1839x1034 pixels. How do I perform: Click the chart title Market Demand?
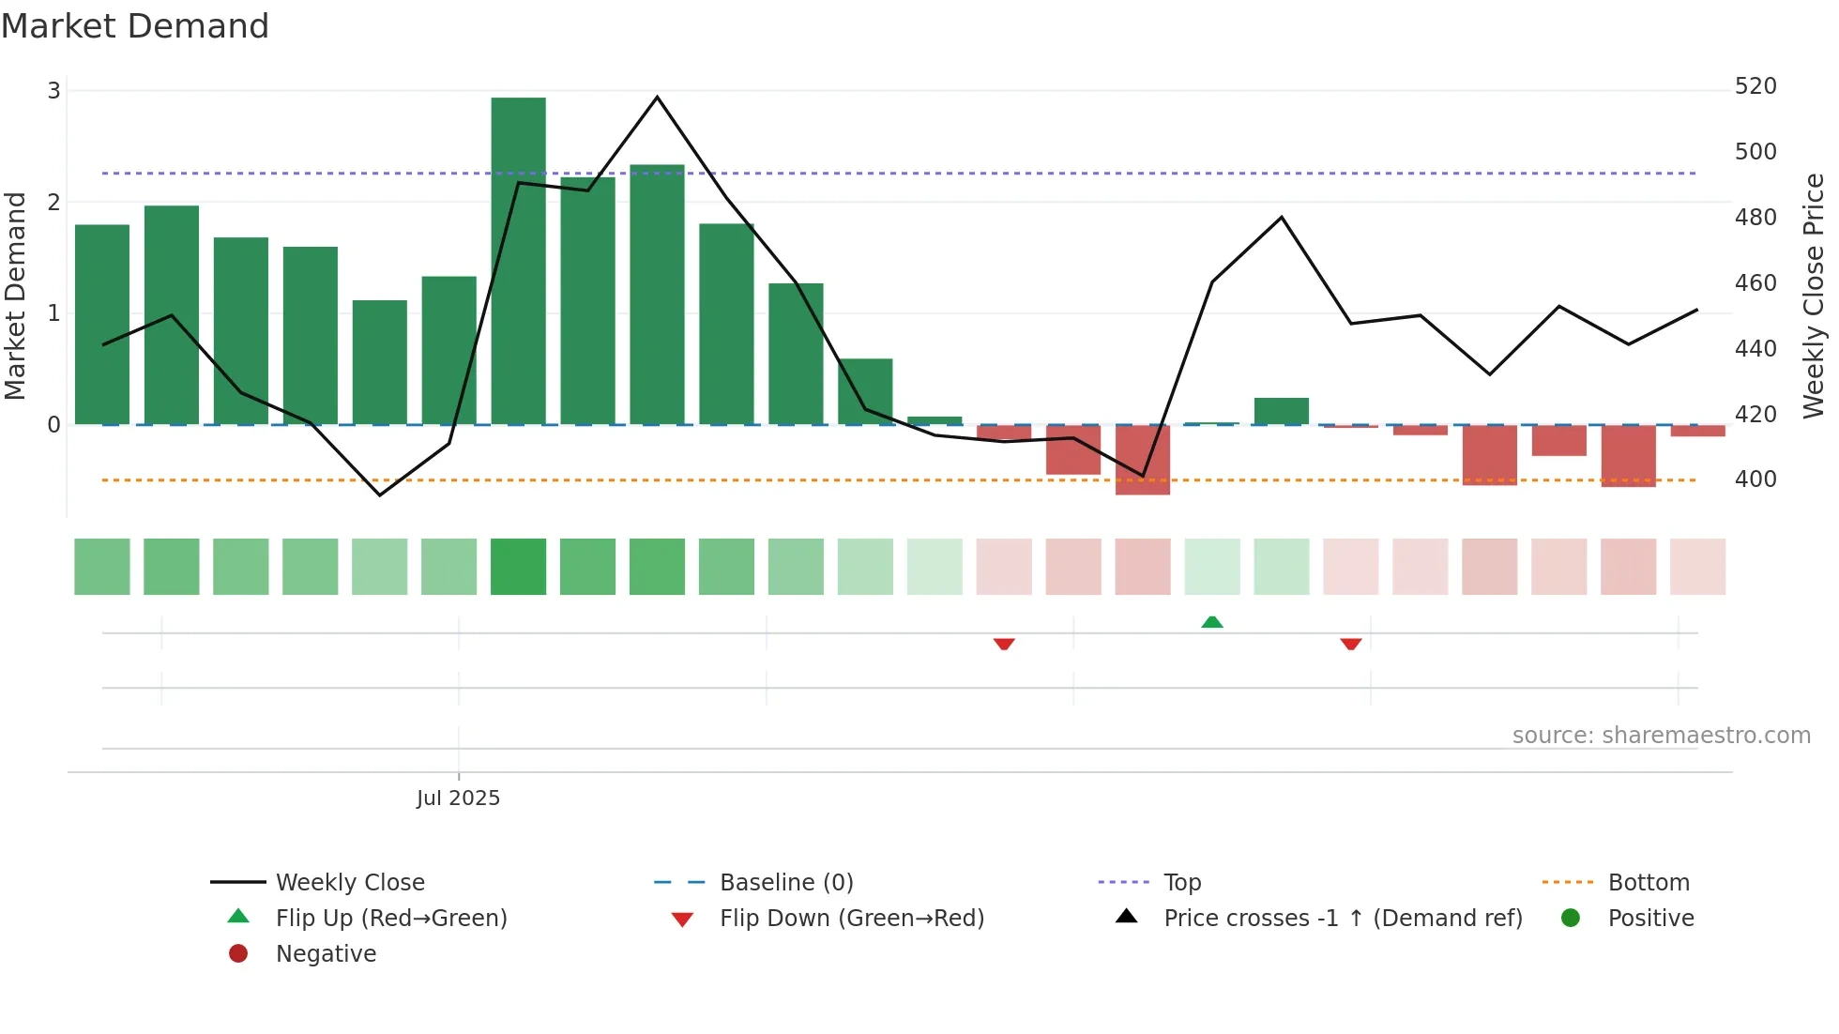135,26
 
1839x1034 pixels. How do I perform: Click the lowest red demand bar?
1142,460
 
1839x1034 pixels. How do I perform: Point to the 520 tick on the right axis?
1755,86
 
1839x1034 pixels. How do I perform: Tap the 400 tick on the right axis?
1755,479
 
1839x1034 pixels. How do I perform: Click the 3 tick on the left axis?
53,91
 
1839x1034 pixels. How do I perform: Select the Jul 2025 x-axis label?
458,798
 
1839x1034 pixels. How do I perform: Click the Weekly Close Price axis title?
1814,296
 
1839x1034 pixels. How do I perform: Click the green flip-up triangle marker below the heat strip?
1212,622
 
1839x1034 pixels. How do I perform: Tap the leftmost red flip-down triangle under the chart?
1004,644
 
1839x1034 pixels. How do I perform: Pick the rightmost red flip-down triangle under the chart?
1351,644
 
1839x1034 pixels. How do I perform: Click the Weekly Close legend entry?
349,883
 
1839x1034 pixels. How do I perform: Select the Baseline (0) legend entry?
786,883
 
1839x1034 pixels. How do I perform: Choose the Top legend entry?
1182,883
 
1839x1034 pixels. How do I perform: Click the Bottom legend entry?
1648,883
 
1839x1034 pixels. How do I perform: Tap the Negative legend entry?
326,954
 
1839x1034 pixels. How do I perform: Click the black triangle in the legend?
1127,917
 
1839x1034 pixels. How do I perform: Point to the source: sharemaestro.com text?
1661,736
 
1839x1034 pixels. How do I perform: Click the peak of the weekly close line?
657,98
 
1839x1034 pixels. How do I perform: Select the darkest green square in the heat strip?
518,567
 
